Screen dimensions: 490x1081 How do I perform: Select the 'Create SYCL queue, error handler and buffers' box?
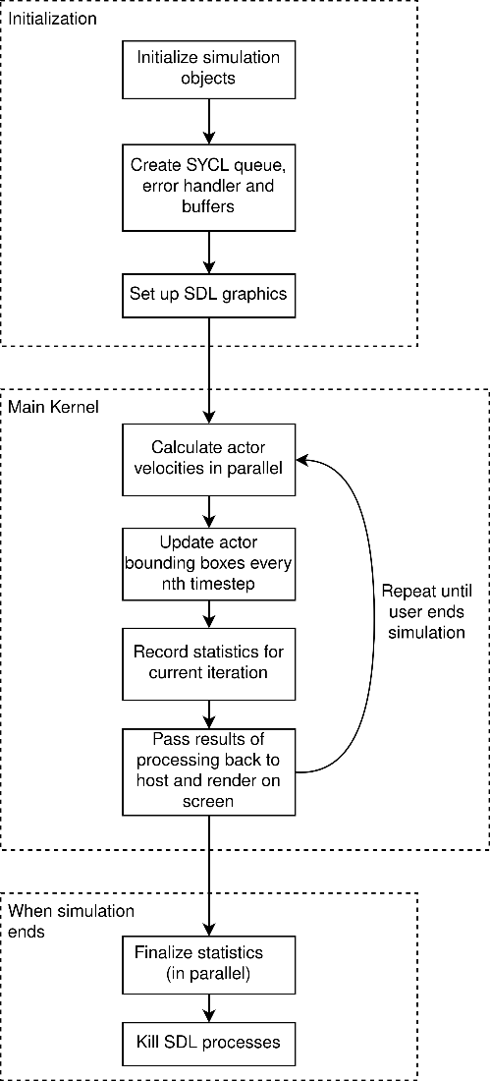[207, 187]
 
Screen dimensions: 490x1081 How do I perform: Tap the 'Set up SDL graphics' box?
[207, 292]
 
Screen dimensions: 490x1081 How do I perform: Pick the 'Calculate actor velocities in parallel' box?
[207, 459]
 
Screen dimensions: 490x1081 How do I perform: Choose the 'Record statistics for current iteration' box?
[207, 661]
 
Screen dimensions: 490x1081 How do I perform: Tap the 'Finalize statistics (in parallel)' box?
[207, 962]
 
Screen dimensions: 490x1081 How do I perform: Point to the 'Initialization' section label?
[52, 17]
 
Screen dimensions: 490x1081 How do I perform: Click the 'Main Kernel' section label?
[53, 406]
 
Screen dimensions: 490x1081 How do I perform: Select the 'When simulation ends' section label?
[71, 920]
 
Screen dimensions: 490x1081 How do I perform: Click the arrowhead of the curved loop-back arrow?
[299, 459]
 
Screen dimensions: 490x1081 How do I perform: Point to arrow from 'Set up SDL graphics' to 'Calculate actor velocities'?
[207, 367]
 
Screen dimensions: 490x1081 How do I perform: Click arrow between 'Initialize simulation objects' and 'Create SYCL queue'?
[207, 121]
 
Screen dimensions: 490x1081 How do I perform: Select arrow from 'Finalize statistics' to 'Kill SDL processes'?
[207, 1007]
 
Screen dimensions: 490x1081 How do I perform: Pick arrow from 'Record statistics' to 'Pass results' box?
[207, 712]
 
